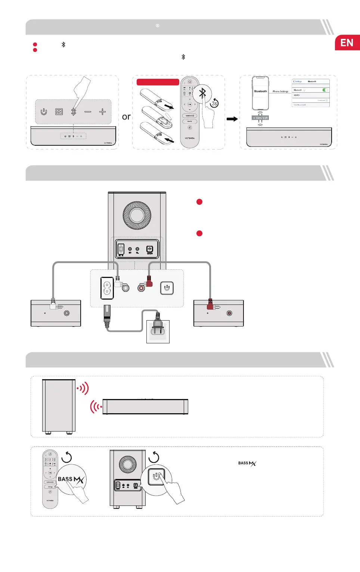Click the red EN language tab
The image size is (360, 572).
pyautogui.click(x=347, y=43)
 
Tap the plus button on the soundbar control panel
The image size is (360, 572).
pyautogui.click(x=102, y=112)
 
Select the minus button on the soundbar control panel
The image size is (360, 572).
pyautogui.click(x=88, y=112)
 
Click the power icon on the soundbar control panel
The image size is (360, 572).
pyautogui.click(x=44, y=112)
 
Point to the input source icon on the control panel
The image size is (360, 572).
pyautogui.click(x=59, y=112)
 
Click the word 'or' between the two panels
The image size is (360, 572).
pyautogui.click(x=126, y=117)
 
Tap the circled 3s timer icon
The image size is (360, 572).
pyautogui.click(x=214, y=103)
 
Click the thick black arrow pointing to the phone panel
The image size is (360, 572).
pyautogui.click(x=232, y=119)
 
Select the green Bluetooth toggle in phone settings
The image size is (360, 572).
pyautogui.click(x=325, y=90)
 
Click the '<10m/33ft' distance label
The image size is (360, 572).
pyautogui.click(x=260, y=118)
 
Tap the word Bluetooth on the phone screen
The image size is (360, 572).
pyautogui.click(x=260, y=91)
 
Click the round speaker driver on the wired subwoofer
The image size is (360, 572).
pyautogui.click(x=137, y=216)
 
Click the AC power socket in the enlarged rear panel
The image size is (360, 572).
pyautogui.click(x=107, y=288)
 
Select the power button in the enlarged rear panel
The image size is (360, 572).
pyautogui.click(x=167, y=288)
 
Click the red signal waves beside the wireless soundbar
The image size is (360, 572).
pyautogui.click(x=96, y=406)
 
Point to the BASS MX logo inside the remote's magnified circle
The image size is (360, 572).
pyautogui.click(x=71, y=479)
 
